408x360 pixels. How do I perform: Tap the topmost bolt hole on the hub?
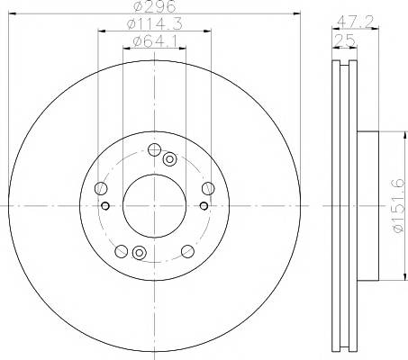point(154,149)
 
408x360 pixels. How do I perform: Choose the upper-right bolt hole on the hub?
point(208,188)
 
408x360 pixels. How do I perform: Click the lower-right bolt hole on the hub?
point(187,251)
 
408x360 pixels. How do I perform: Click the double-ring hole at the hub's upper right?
point(169,159)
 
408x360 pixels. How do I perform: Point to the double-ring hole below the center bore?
point(139,253)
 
